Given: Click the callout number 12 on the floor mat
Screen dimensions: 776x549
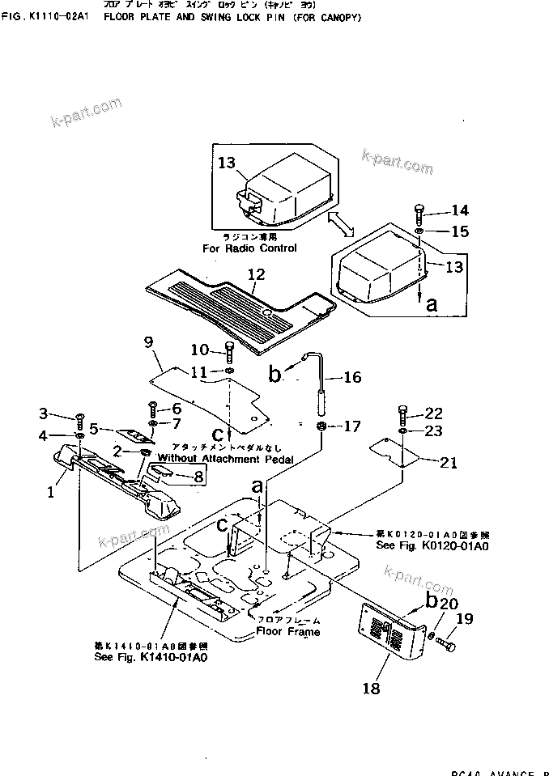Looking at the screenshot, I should [255, 275].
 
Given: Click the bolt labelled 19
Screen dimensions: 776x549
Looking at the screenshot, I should [446, 645].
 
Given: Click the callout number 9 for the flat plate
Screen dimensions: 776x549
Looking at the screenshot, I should [148, 342].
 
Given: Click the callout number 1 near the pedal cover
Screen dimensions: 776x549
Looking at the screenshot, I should [50, 491].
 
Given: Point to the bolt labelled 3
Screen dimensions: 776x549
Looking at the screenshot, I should [80, 421].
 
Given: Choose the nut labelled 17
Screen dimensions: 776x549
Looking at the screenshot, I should [321, 426].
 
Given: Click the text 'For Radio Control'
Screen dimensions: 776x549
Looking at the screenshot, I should [249, 248].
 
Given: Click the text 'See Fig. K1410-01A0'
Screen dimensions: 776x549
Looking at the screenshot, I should [150, 657].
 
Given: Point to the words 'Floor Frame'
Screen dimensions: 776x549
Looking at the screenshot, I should [288, 631].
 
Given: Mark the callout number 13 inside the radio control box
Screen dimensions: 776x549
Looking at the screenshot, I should [227, 164].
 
